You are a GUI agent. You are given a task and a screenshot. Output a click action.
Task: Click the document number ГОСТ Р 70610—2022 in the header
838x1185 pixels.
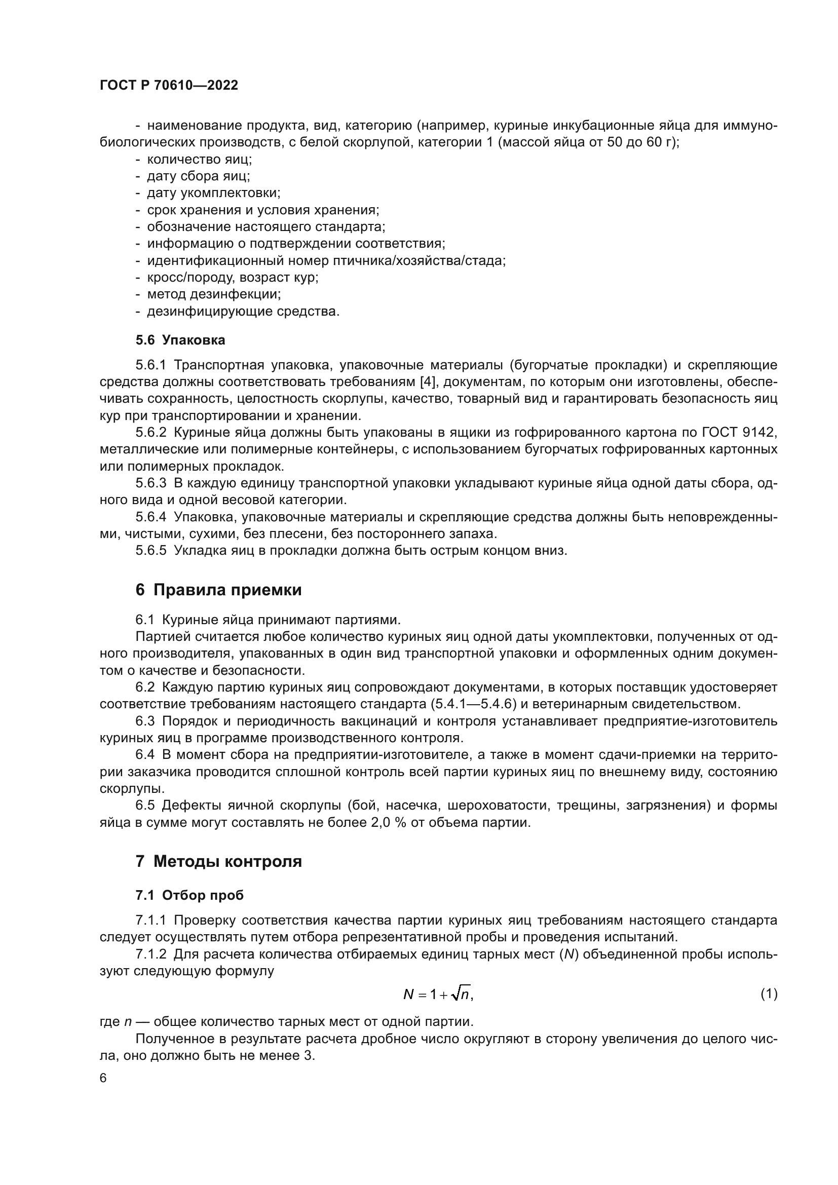(169, 85)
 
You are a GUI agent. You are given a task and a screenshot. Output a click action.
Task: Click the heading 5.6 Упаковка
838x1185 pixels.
(180, 340)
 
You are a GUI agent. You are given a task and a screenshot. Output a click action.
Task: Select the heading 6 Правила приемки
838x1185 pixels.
(218, 590)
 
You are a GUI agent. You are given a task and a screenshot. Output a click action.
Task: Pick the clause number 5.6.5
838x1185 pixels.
(150, 550)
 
